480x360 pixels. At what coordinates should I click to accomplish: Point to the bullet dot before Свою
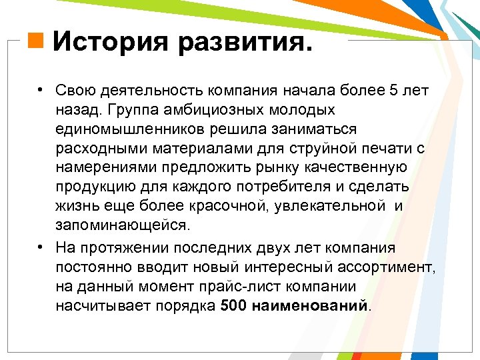[x=41, y=91]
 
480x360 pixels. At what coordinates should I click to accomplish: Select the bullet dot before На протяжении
[x=41, y=247]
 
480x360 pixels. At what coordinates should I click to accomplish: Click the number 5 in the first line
[x=392, y=91]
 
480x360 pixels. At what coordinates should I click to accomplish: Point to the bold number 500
[x=233, y=305]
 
